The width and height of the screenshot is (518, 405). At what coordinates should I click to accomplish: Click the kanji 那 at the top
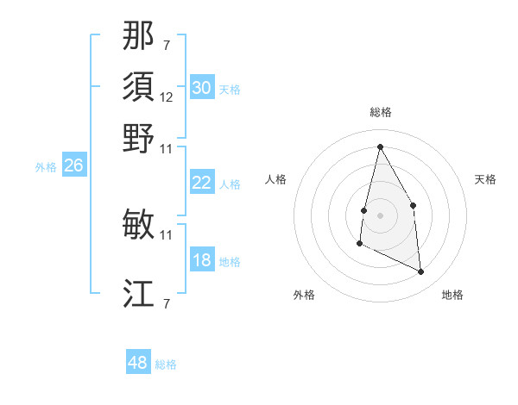point(138,36)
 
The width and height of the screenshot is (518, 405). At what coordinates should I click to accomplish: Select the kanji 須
point(138,87)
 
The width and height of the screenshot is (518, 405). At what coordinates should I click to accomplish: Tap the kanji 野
point(138,138)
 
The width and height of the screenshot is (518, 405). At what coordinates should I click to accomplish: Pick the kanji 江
point(138,294)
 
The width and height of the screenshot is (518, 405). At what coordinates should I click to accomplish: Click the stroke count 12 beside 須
point(167,97)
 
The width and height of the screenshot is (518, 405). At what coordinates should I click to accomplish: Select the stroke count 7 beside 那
point(167,45)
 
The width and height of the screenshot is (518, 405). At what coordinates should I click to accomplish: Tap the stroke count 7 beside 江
point(167,303)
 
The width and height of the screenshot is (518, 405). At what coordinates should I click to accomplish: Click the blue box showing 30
point(202,88)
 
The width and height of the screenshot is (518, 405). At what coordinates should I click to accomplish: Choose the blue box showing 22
point(202,183)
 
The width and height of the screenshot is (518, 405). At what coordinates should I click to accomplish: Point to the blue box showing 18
point(202,260)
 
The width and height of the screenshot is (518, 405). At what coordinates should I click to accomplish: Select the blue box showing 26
point(73,165)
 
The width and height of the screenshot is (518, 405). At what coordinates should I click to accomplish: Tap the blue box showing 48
point(138,363)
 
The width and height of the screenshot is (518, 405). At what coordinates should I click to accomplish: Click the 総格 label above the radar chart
point(380,112)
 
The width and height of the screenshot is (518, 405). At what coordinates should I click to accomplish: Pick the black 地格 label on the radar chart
point(452,295)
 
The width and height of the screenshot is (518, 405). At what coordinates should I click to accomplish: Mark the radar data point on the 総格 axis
point(380,146)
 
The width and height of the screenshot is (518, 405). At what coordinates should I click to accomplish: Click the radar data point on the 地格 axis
point(421,272)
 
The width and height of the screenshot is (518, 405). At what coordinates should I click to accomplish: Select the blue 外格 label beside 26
point(46,167)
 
